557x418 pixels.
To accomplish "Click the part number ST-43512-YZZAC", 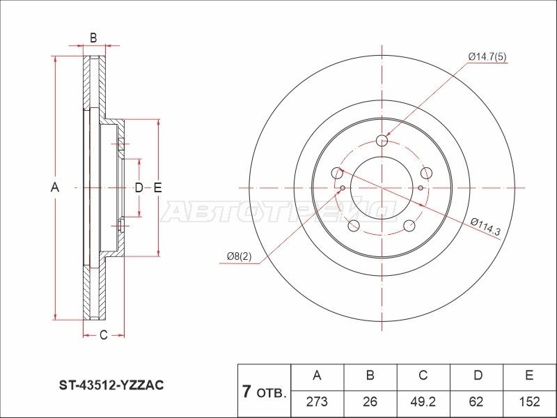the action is pos(111,385).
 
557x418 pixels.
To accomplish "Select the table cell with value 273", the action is pos(317,401).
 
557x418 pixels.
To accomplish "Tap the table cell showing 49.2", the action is pos(423,401).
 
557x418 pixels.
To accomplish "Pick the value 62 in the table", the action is pos(476,401).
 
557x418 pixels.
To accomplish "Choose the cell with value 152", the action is pos(529,401).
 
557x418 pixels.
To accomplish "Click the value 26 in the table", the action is pos(370,401).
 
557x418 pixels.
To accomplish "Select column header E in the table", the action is pos(529,376).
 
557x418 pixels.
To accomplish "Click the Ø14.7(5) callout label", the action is pos(487,56).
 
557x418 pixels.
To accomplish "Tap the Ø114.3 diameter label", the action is pos(485,227).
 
